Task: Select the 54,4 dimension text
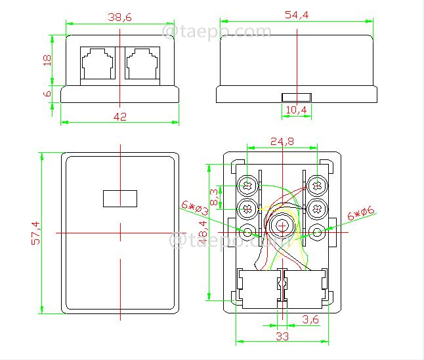[297, 15]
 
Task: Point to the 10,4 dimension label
[297, 110]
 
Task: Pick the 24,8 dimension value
[282, 141]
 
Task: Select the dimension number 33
[282, 336]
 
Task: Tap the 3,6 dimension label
[310, 319]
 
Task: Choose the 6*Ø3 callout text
[195, 208]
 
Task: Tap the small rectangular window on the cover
[119, 197]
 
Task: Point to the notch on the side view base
[297, 98]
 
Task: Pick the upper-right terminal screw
[316, 186]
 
